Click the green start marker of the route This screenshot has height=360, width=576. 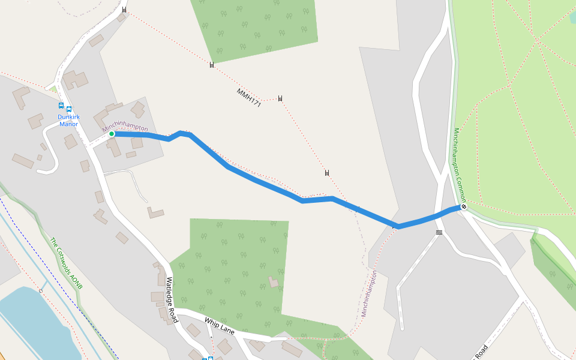pyautogui.click(x=112, y=134)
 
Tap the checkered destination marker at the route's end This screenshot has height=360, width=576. pyautogui.click(x=463, y=207)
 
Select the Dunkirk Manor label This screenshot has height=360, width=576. pyautogui.click(x=69, y=121)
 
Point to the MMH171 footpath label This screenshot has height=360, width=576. pyautogui.click(x=248, y=98)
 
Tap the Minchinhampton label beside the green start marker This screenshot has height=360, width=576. pyautogui.click(x=125, y=126)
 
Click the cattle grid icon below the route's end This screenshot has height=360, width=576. pyautogui.click(x=439, y=232)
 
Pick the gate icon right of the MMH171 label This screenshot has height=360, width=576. pyautogui.click(x=280, y=98)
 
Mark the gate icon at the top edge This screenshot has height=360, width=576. pyautogui.click(x=124, y=10)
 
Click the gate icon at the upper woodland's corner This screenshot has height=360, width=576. pyautogui.click(x=212, y=65)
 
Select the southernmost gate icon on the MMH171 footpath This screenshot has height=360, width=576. pyautogui.click(x=327, y=173)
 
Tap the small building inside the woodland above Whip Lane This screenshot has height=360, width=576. pyautogui.click(x=274, y=281)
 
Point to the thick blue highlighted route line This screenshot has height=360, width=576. pyautogui.click(x=264, y=183)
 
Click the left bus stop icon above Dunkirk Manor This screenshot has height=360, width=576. pyautogui.click(x=61, y=106)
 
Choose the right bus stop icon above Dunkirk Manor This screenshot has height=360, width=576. pyautogui.click(x=69, y=109)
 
